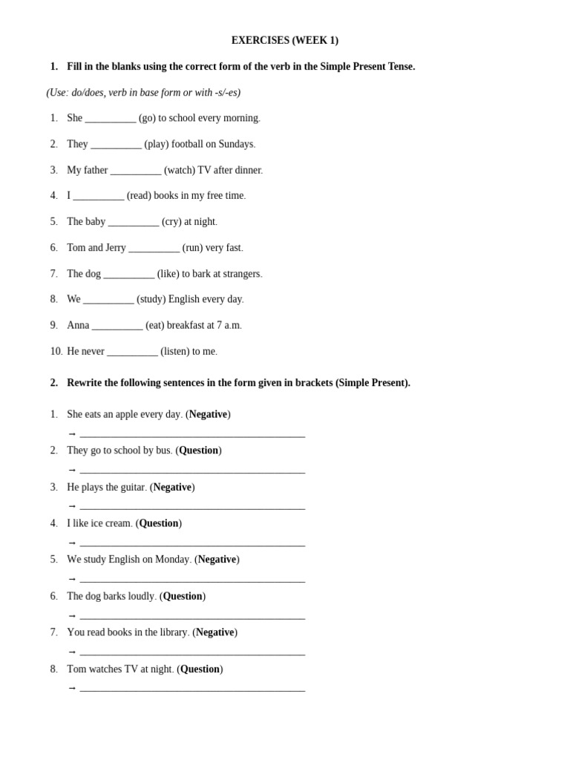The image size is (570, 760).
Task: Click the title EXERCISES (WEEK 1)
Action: (x=284, y=41)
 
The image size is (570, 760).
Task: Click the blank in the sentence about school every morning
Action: (x=111, y=119)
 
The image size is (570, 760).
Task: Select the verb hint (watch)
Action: (x=180, y=170)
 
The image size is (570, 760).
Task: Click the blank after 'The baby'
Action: (x=134, y=222)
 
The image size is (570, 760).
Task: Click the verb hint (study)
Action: (x=151, y=299)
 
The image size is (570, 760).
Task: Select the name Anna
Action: (x=78, y=325)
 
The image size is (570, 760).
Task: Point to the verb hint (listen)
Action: (x=175, y=351)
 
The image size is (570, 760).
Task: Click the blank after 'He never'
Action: (x=132, y=352)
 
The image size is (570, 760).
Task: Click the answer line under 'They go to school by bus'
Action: (x=192, y=471)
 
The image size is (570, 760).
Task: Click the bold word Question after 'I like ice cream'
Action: (x=159, y=523)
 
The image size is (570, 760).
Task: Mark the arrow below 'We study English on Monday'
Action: (x=72, y=579)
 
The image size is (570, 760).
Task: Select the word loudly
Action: (x=140, y=596)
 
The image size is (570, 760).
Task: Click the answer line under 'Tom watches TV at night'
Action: (x=192, y=689)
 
